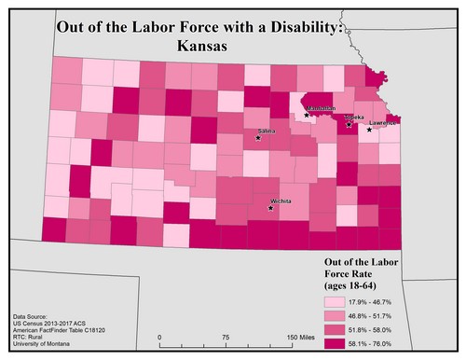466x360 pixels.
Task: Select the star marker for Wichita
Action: (270, 208)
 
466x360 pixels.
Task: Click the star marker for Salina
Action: (258, 139)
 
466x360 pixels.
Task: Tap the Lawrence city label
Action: (382, 123)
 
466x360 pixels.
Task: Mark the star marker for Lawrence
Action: (370, 130)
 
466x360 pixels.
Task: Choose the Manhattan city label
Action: (320, 108)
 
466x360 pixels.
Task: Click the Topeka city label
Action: (354, 118)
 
